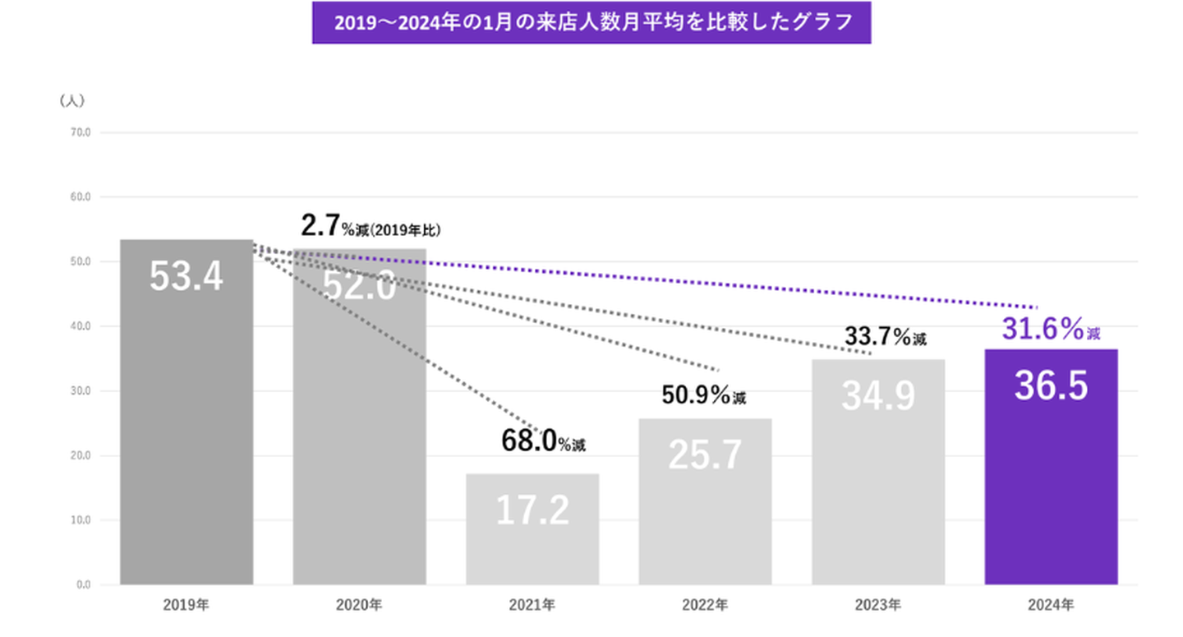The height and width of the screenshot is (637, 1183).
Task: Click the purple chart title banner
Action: tap(591, 22)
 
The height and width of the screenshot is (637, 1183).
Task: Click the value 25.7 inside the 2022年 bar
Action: tap(705, 455)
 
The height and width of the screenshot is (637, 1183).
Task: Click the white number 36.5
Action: tap(1051, 386)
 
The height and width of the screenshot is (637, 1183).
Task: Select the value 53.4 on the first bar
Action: tap(186, 277)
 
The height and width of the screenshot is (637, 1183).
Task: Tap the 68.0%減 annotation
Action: tap(543, 442)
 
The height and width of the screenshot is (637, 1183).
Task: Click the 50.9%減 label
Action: tap(704, 395)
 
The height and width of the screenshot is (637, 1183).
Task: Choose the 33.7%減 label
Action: tap(886, 336)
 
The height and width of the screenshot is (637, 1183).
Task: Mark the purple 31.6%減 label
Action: tap(1051, 330)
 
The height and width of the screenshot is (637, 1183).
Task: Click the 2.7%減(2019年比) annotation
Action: tap(371, 228)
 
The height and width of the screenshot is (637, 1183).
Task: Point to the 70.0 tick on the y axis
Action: tap(81, 132)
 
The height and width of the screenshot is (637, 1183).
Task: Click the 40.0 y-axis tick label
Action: tap(81, 326)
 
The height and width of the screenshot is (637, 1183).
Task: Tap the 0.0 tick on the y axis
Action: tap(84, 585)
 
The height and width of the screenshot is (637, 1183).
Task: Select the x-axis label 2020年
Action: tap(359, 606)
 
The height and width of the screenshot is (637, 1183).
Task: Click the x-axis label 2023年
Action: tap(878, 606)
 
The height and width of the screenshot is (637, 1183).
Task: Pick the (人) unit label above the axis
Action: tap(72, 101)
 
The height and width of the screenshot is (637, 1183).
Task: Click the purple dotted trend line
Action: tap(657, 277)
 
